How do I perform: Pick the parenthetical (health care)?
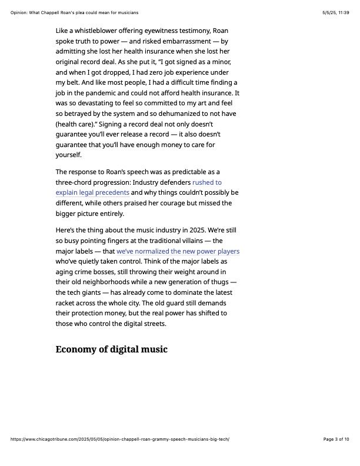tap(78, 125)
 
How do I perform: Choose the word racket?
tap(68, 303)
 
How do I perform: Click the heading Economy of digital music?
tap(111, 349)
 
